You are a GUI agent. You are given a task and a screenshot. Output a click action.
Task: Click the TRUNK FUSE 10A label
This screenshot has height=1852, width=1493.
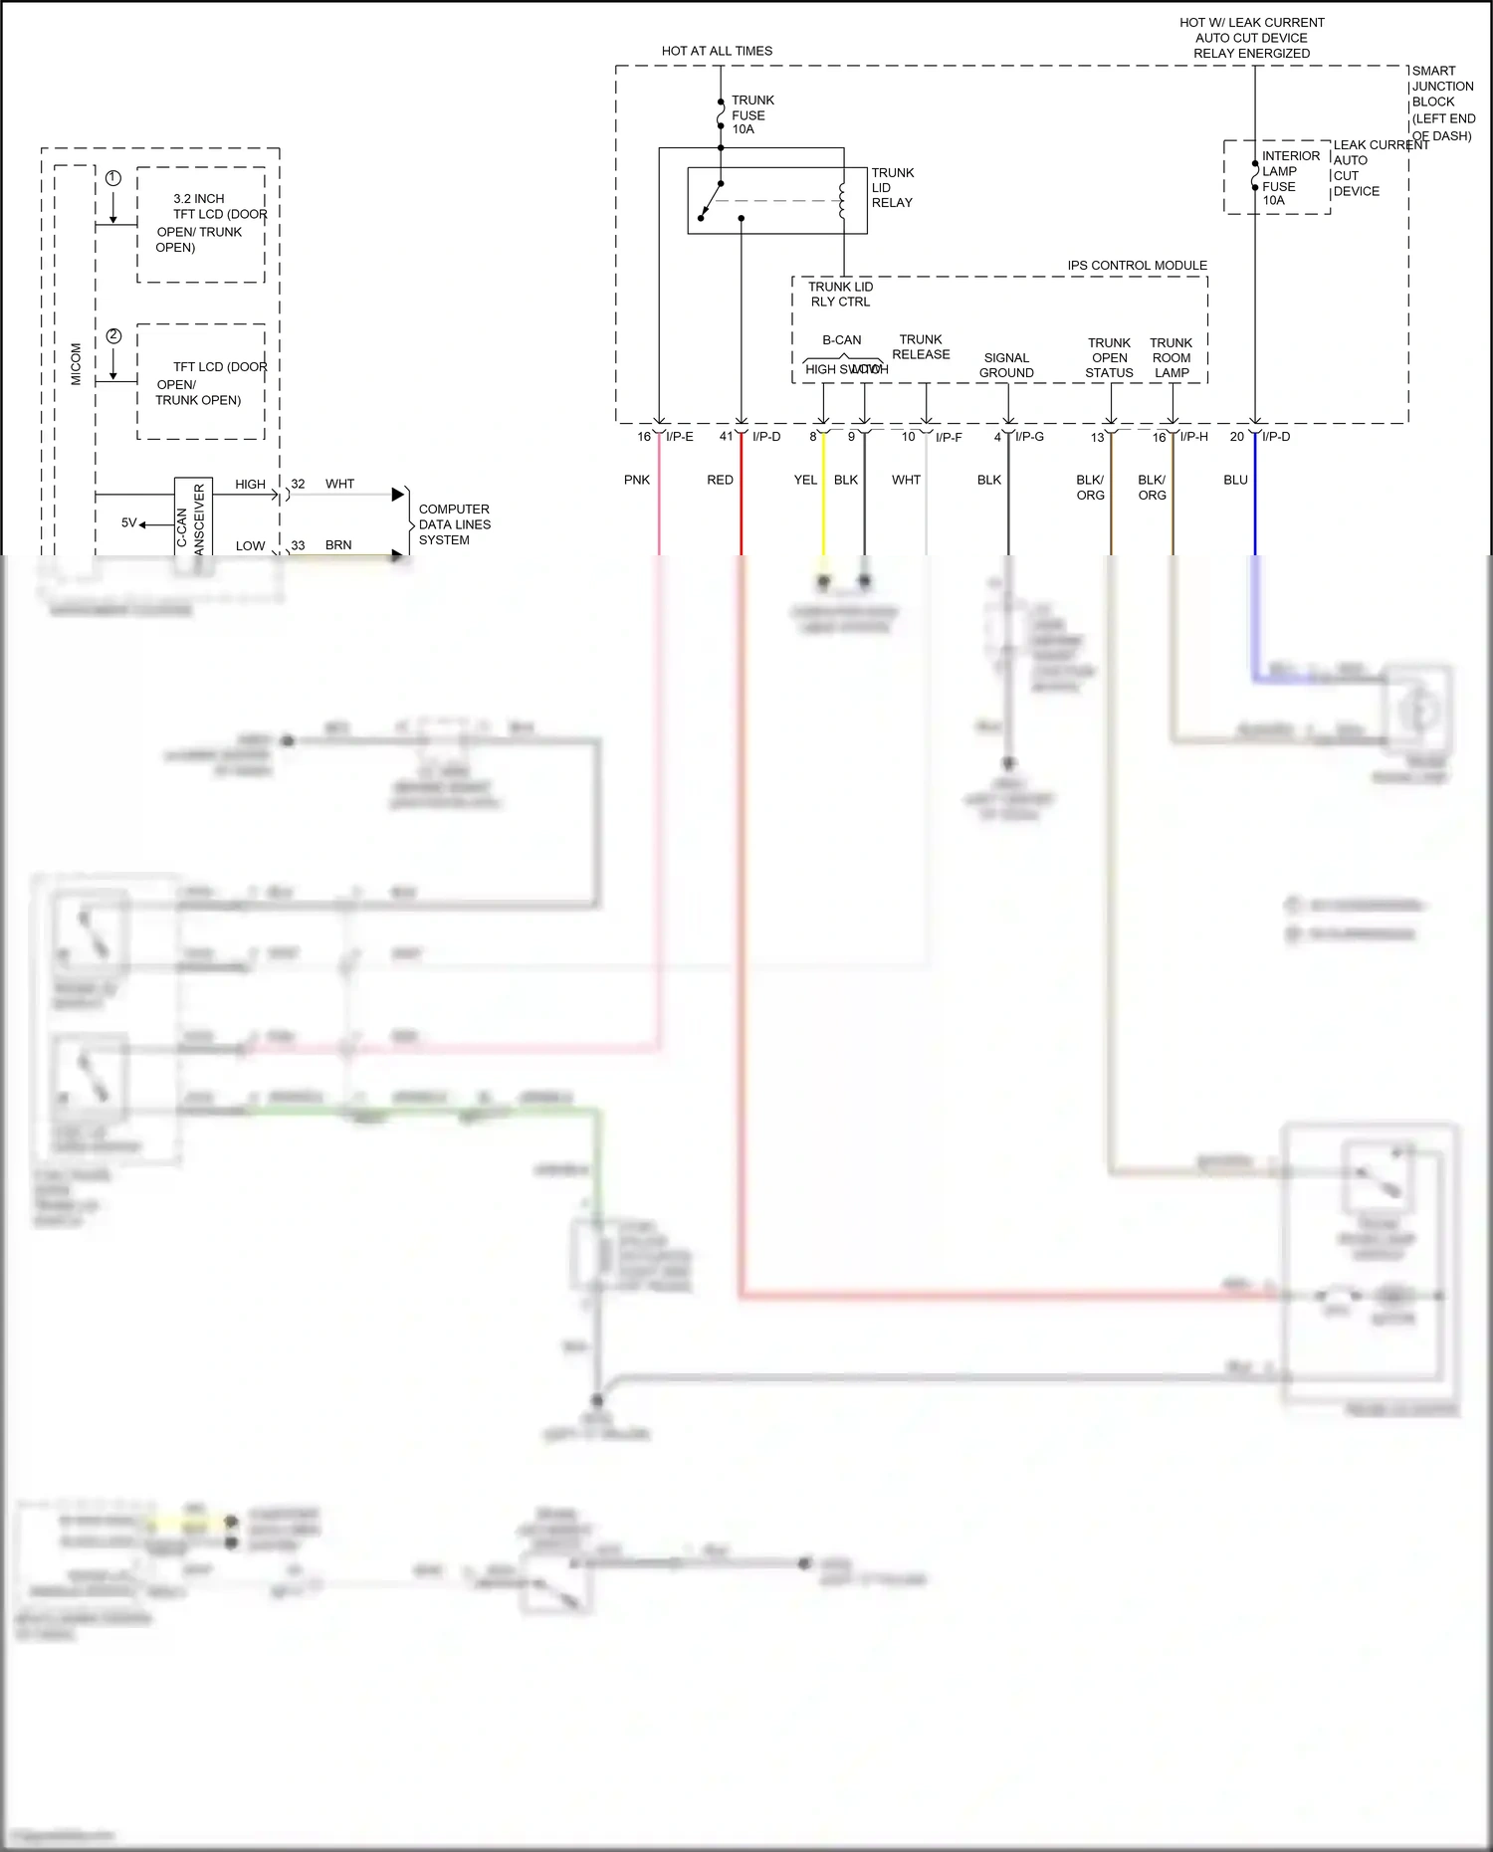(x=751, y=114)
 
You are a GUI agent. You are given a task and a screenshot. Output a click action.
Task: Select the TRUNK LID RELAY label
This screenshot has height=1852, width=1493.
(x=892, y=187)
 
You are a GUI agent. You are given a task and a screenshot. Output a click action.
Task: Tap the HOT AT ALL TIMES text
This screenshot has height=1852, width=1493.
(x=717, y=51)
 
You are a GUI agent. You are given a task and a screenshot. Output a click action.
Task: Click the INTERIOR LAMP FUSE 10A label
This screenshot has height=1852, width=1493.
(x=1290, y=178)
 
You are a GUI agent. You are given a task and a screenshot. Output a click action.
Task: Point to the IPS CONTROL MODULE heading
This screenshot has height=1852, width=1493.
(x=1137, y=266)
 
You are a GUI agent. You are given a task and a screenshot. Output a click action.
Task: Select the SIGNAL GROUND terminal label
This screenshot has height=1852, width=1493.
(x=1006, y=365)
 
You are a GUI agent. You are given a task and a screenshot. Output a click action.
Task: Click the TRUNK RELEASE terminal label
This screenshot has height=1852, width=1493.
(x=921, y=346)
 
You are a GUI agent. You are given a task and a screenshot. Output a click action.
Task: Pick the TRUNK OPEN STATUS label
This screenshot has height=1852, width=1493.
(x=1109, y=358)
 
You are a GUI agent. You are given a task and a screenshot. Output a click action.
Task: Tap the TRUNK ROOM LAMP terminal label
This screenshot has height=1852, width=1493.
(x=1172, y=358)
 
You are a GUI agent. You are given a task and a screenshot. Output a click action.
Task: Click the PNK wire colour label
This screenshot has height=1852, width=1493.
(x=637, y=480)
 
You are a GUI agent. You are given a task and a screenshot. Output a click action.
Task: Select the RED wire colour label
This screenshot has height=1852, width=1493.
(x=720, y=480)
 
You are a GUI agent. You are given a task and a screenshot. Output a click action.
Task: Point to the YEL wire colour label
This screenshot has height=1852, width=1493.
(x=805, y=480)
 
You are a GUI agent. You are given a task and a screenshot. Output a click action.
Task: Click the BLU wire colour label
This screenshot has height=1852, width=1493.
(x=1235, y=480)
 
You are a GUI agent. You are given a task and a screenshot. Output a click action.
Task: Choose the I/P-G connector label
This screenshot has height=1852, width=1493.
(x=1029, y=437)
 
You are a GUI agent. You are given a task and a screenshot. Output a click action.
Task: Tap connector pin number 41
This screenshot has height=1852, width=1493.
(x=726, y=437)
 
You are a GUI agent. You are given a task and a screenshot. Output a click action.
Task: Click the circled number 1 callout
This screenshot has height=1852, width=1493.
(x=113, y=178)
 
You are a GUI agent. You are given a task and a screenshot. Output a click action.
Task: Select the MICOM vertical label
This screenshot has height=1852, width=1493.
(x=77, y=364)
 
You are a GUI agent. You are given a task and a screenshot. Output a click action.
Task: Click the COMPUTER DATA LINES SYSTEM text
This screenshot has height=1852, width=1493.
(x=454, y=524)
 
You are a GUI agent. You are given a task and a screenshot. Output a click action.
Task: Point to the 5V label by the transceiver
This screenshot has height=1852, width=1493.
(x=129, y=522)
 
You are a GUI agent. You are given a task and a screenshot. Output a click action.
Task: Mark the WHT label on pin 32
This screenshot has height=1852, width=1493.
(x=339, y=484)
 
